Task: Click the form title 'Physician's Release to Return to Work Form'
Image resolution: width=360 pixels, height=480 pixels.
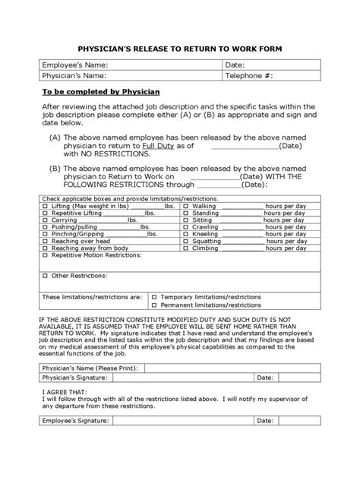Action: pos(179,49)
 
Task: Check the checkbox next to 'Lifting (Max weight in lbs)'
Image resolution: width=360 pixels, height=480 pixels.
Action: pos(45,206)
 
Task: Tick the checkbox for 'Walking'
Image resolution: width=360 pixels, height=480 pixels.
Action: pos(186,206)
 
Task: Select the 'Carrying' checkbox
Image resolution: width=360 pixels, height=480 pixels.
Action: pos(45,219)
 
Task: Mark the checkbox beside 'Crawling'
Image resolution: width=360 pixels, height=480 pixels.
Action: pos(186,227)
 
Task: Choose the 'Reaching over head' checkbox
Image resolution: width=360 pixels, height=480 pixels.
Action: pos(45,241)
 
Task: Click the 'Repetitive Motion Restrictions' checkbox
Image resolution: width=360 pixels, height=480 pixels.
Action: pos(45,255)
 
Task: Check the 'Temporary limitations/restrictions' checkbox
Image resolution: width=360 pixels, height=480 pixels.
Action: pos(154,297)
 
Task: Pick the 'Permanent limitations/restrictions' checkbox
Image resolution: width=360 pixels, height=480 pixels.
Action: pos(154,305)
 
